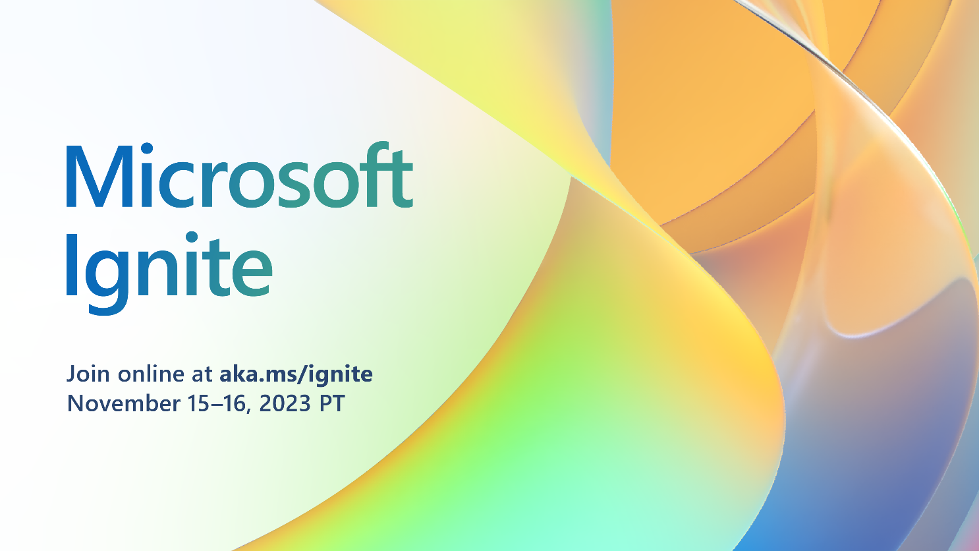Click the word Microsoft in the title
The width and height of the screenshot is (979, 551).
pyautogui.click(x=239, y=175)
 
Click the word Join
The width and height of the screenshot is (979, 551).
pyautogui.click(x=88, y=374)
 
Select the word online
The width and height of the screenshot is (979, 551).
pyautogui.click(x=151, y=374)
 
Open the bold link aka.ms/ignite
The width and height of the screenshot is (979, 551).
pyautogui.click(x=296, y=374)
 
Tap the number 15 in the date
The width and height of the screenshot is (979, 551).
pyautogui.click(x=198, y=403)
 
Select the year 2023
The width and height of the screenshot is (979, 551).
pyautogui.click(x=285, y=403)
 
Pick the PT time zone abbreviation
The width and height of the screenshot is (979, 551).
pyautogui.click(x=332, y=403)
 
